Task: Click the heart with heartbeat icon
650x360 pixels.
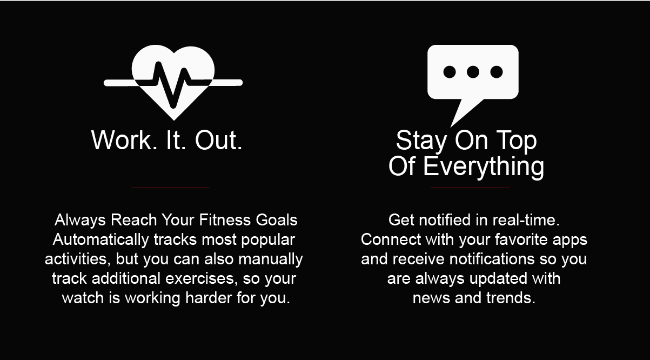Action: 173,83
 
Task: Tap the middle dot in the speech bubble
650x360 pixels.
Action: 473,72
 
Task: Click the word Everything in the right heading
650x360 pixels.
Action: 484,166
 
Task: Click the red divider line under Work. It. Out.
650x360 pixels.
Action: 170,187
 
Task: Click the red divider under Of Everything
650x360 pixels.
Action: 470,187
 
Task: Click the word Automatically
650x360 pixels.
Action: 100,240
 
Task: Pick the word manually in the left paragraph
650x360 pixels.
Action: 271,259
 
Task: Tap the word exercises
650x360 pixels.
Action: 202,279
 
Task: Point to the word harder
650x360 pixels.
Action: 209,298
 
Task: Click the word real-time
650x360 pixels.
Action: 526,220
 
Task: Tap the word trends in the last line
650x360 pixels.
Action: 511,298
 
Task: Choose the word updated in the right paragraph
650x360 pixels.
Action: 498,279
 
